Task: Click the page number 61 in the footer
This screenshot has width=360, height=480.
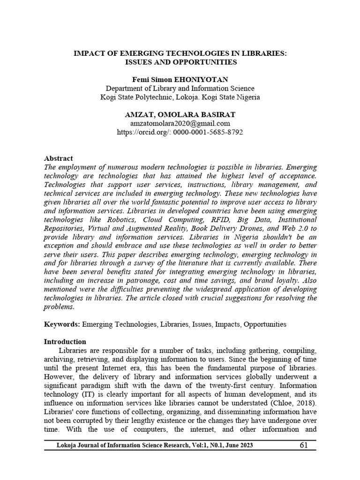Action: (x=303, y=445)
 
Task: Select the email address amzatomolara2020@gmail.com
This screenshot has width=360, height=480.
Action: (x=180, y=123)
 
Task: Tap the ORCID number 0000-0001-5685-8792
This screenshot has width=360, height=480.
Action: (x=208, y=132)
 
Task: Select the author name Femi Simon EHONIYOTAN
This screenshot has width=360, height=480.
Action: (x=180, y=79)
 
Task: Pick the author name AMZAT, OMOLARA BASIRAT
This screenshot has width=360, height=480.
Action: (x=180, y=114)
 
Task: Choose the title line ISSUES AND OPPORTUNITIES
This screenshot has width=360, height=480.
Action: (x=180, y=62)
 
